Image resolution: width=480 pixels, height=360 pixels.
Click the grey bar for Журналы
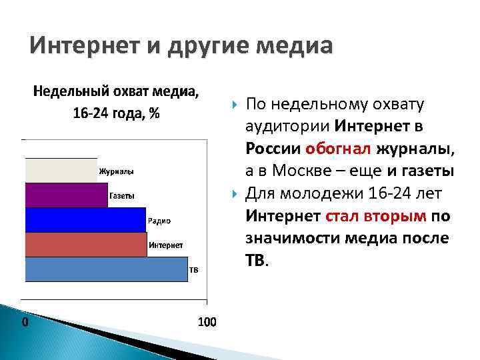point(61,170)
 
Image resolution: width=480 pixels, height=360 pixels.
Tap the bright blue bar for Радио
point(85,219)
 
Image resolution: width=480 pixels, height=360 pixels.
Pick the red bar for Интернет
point(85,244)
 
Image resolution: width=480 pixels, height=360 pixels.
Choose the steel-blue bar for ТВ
point(106,269)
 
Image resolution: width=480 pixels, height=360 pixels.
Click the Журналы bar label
point(116,171)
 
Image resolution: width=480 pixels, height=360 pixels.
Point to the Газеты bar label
point(121,196)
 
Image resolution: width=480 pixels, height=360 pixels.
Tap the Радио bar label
point(159,221)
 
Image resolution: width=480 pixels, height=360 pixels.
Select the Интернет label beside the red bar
point(166,245)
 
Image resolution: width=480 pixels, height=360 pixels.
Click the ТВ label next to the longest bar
point(195,270)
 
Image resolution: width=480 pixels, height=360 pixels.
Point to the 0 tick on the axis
point(25,322)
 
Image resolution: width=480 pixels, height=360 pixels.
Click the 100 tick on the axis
point(207,322)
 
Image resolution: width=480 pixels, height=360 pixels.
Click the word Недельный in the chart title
point(63,91)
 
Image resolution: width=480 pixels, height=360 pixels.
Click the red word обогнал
point(339,148)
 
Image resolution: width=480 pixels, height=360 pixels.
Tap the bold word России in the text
point(273,148)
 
